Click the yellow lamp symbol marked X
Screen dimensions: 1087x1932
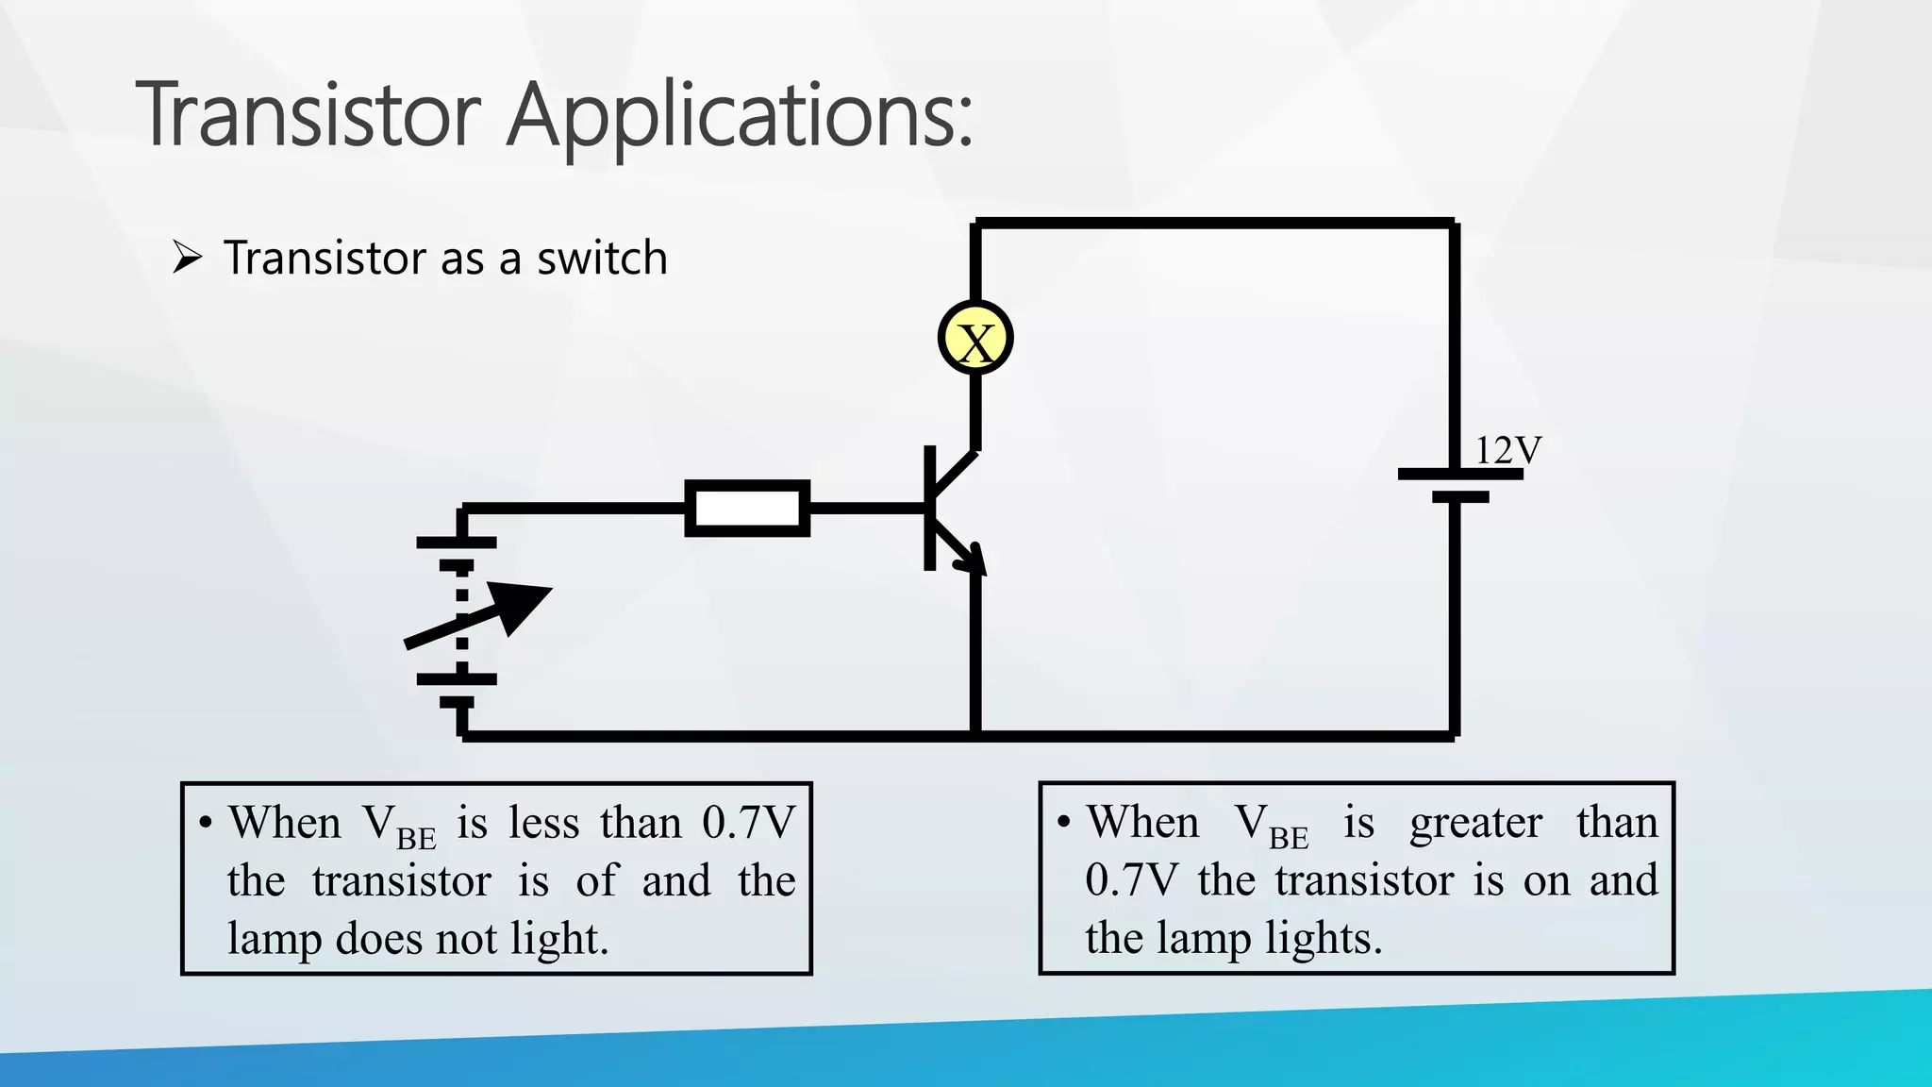[x=975, y=339]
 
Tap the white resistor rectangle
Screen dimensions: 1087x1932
[x=746, y=509]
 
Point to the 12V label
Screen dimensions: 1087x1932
[x=1507, y=450]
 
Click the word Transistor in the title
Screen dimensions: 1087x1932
[x=309, y=115]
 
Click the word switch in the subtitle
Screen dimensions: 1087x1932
[x=602, y=259]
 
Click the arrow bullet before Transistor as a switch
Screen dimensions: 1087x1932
[x=188, y=258]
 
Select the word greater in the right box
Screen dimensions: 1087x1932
[x=1475, y=824]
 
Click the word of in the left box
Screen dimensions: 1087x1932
[x=596, y=880]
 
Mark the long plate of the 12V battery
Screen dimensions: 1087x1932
[x=1459, y=475]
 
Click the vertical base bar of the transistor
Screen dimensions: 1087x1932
[x=929, y=509]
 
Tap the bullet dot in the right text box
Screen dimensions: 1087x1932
[x=1064, y=822]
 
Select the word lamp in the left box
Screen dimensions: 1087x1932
[x=273, y=940]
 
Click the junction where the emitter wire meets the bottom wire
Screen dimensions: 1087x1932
[x=975, y=735]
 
